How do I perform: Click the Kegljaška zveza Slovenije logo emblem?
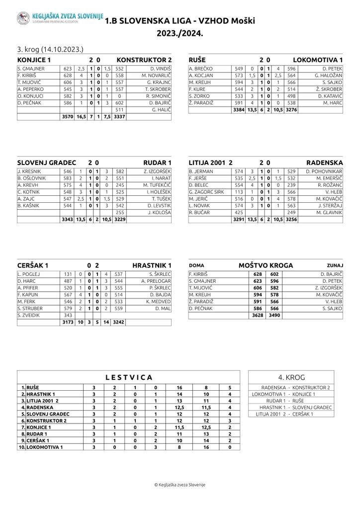tap(23, 19)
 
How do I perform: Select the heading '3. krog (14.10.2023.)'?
tap(50, 49)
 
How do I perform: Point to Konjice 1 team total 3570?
tap(67, 117)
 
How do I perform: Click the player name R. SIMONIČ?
tap(158, 96)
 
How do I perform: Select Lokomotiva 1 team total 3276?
tap(291, 110)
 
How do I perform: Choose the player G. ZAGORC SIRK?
tap(207, 191)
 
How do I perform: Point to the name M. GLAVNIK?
tap(329, 212)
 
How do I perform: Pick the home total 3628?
tap(258, 315)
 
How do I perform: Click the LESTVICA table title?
tap(129, 377)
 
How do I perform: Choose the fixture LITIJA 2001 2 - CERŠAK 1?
tap(284, 414)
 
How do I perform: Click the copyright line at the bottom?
tap(180, 485)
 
